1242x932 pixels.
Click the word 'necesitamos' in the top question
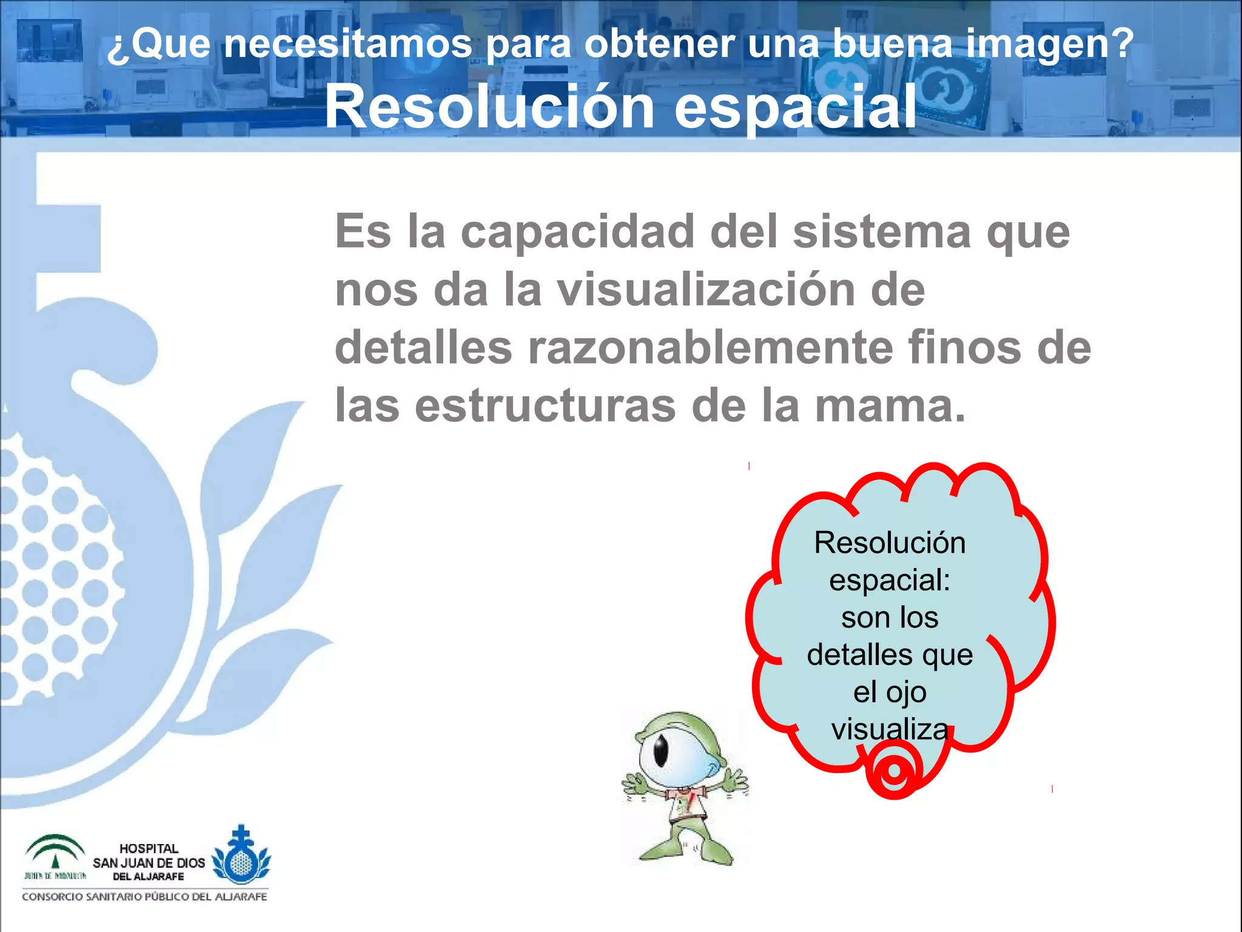[x=347, y=44]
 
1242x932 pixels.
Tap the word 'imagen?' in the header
[x=1049, y=44]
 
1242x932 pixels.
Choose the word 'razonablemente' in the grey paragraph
[x=710, y=348]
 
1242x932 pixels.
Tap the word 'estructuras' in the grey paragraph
[x=545, y=406]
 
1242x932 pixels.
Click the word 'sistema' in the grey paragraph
[x=882, y=232]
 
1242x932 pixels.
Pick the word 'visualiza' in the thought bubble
[x=890, y=729]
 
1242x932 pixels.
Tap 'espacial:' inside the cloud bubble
[x=890, y=579]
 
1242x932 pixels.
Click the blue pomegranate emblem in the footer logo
[x=241, y=856]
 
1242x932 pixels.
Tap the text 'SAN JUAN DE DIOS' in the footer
[x=149, y=863]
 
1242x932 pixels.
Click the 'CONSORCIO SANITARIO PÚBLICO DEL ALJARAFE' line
[x=144, y=897]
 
